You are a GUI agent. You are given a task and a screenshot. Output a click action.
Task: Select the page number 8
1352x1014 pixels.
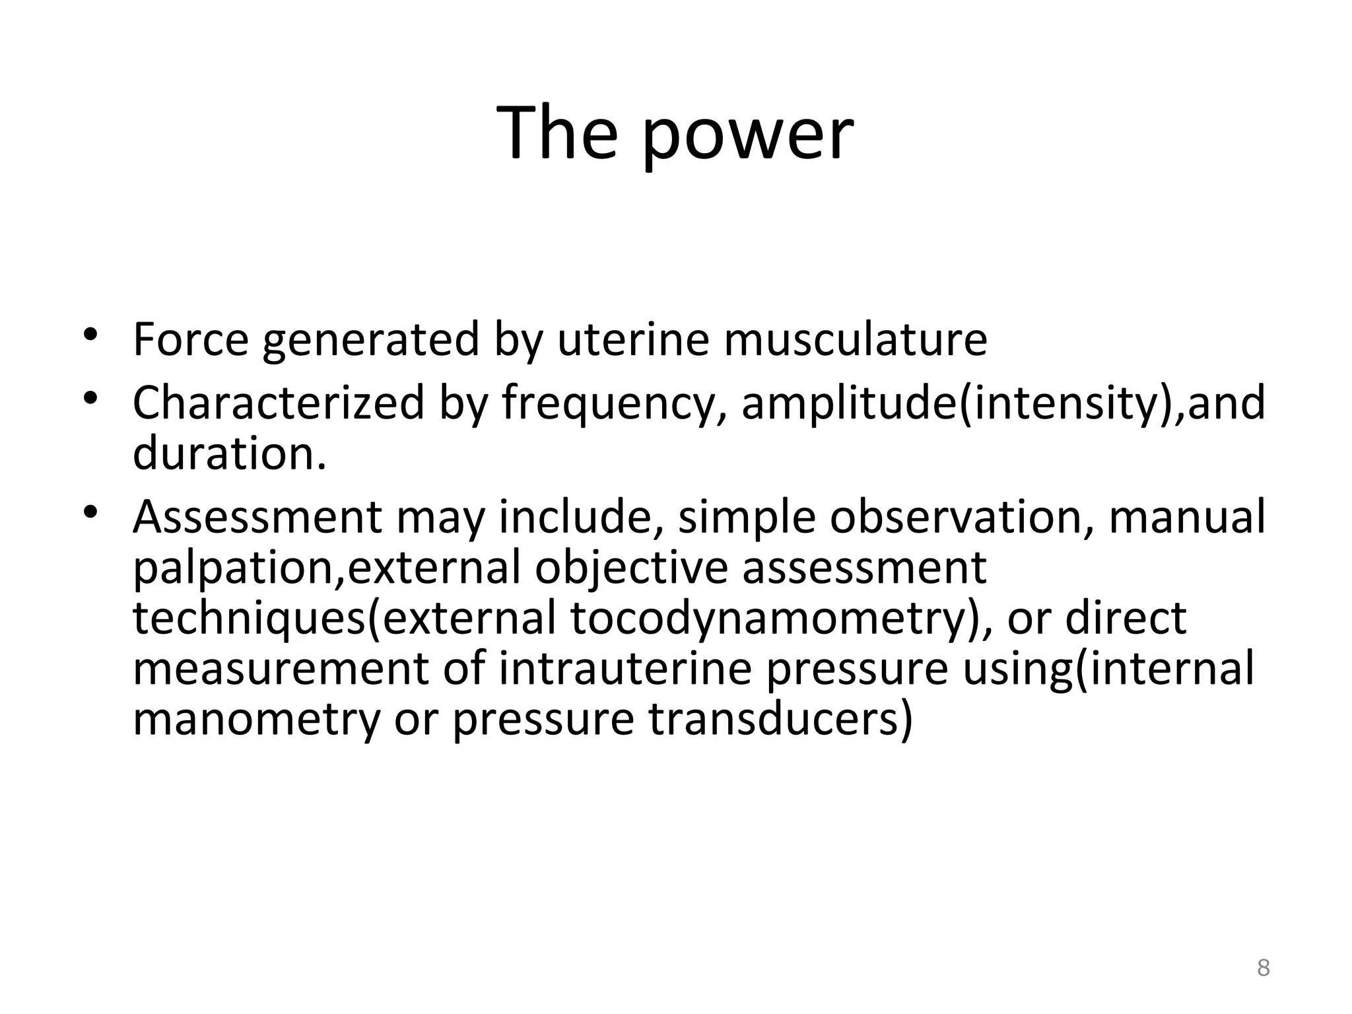[1263, 968]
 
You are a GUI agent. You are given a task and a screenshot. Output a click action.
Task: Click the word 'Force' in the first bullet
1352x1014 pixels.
[190, 339]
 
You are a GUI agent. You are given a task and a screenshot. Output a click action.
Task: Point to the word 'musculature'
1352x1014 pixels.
[855, 339]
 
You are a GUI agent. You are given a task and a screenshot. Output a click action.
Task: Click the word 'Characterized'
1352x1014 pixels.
[278, 403]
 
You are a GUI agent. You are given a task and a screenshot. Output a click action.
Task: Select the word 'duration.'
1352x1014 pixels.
[230, 454]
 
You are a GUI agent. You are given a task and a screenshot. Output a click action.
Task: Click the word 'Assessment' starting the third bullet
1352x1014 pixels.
[257, 517]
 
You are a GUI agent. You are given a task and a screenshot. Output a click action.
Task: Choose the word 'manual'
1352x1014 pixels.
[1187, 517]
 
